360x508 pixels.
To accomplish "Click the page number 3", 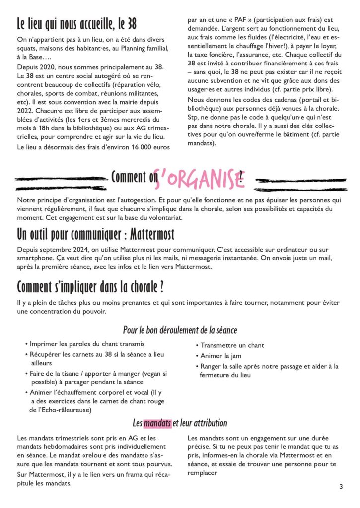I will (x=341, y=487).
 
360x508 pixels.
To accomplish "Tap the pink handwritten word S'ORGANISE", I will (x=198, y=178).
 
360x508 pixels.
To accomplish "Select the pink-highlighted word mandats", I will (x=157, y=423).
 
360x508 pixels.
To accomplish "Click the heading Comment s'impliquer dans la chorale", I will (x=90, y=287).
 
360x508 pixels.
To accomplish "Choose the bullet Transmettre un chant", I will (x=232, y=345).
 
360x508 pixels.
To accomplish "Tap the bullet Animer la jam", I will (x=221, y=356).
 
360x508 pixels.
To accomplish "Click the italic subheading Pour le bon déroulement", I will (x=180, y=330).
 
